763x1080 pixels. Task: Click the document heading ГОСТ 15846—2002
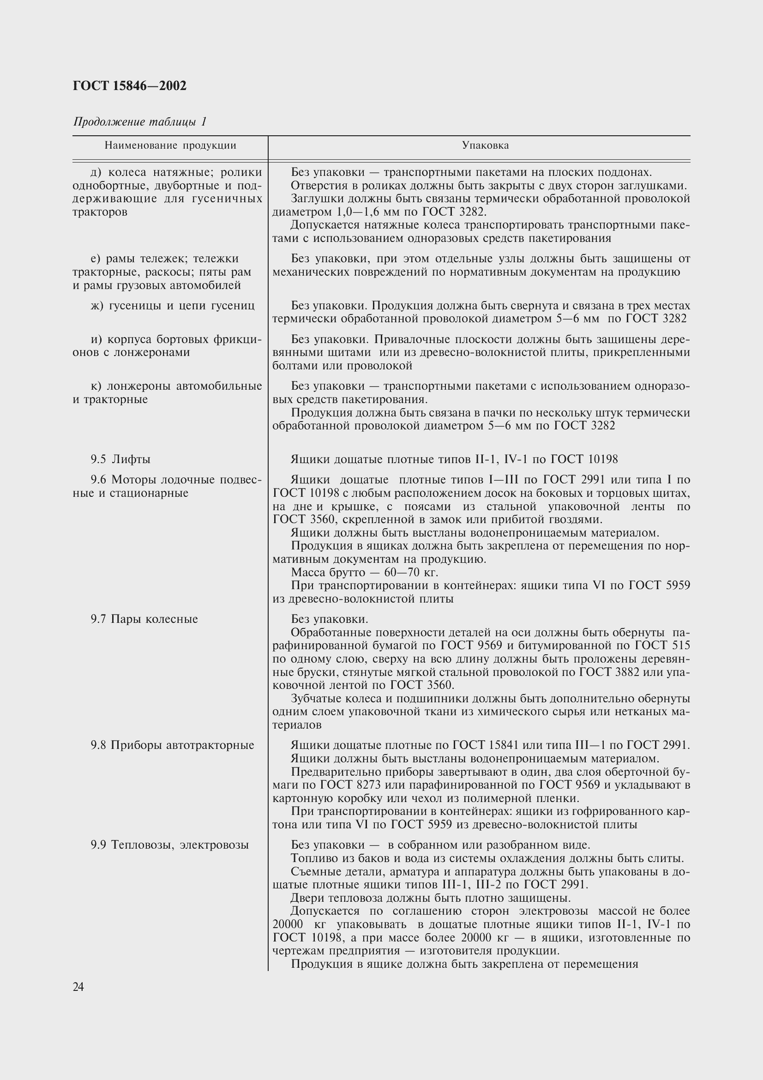pyautogui.click(x=130, y=85)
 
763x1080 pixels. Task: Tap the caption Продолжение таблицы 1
pyautogui.click(x=139, y=122)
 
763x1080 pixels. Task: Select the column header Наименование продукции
pyautogui.click(x=170, y=145)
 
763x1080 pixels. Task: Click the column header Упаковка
pyautogui.click(x=485, y=145)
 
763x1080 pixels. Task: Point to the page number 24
pyautogui.click(x=78, y=987)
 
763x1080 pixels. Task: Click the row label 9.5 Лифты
pyautogui.click(x=120, y=459)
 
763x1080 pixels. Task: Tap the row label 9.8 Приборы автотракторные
pyautogui.click(x=172, y=745)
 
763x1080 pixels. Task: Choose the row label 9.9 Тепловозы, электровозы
pyautogui.click(x=169, y=845)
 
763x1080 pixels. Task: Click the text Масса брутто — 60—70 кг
pyautogui.click(x=364, y=573)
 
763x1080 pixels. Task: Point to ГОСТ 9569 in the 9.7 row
pyautogui.click(x=472, y=646)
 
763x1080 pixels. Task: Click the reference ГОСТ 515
pyautogui.click(x=662, y=646)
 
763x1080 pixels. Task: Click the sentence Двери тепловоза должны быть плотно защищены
pyautogui.click(x=431, y=898)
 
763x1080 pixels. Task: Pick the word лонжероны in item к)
pyautogui.click(x=138, y=386)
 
